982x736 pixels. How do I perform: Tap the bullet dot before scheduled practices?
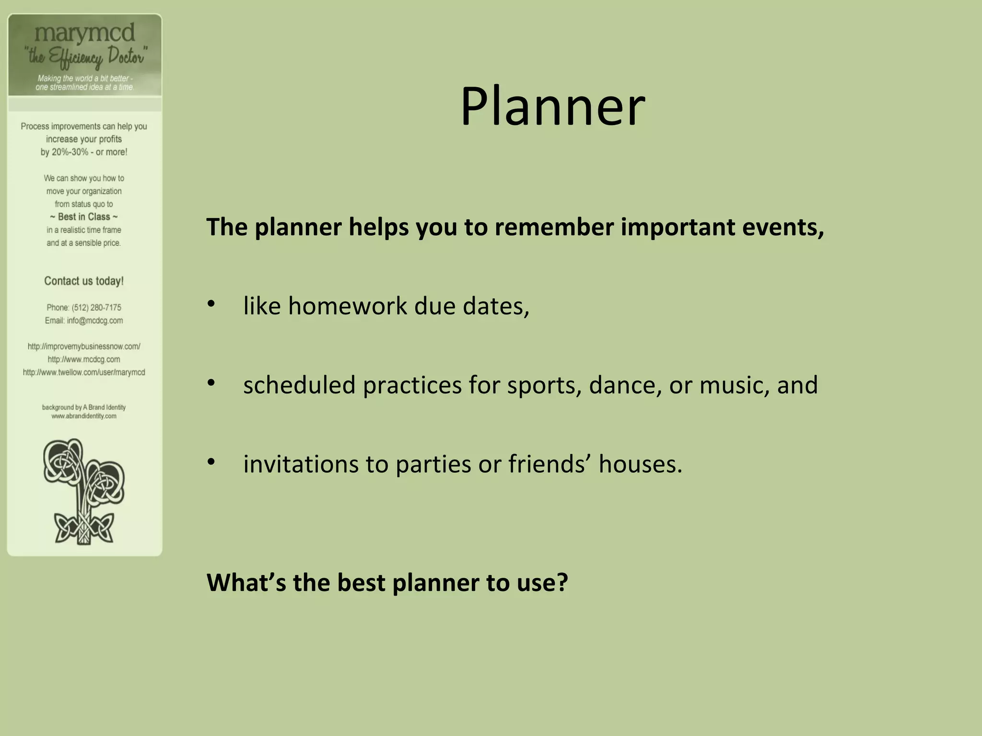click(211, 383)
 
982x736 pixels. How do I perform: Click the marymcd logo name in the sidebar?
click(85, 33)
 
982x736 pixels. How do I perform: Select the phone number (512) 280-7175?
click(96, 308)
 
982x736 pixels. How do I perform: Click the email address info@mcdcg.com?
click(95, 321)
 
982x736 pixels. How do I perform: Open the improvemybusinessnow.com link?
click(84, 346)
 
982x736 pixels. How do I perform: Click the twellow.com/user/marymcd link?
click(84, 372)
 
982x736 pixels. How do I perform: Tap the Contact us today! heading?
click(84, 281)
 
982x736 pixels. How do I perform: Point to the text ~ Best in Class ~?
click(84, 217)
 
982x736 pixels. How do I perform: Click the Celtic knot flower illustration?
click(84, 491)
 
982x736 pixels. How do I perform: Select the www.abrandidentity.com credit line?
click(84, 416)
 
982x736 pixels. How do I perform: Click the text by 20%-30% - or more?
click(84, 152)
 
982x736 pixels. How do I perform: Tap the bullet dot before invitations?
click(211, 462)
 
